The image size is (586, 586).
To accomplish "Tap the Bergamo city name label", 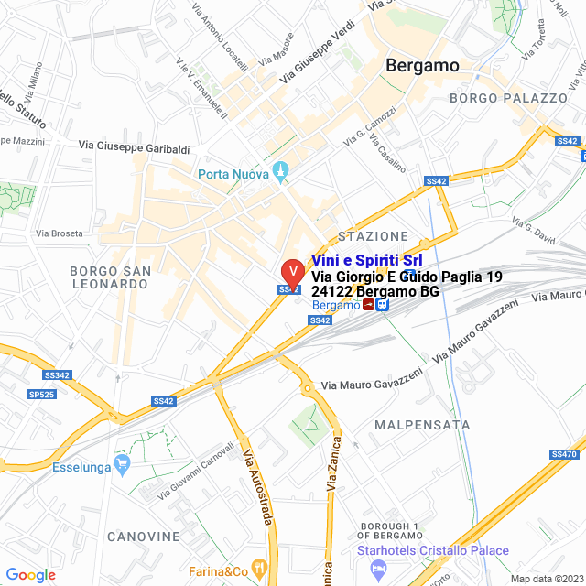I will point(422,65).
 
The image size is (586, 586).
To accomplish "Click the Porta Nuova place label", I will point(233,174).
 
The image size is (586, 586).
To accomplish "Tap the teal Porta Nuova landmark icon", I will point(281,172).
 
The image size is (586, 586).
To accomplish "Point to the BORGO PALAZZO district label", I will point(509,98).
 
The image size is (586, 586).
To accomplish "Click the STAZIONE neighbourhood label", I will point(373,236).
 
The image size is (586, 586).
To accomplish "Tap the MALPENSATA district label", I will point(422,425).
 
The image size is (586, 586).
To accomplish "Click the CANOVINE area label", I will point(144,536).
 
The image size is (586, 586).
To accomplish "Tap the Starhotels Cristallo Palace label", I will point(430,550).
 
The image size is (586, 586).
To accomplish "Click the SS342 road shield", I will point(57,375).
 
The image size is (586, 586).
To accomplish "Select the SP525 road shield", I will point(41,394).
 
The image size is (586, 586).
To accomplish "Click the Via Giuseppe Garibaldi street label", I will point(134,146).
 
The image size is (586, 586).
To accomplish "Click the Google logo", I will point(30,575).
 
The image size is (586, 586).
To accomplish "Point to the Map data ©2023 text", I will point(546,578).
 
